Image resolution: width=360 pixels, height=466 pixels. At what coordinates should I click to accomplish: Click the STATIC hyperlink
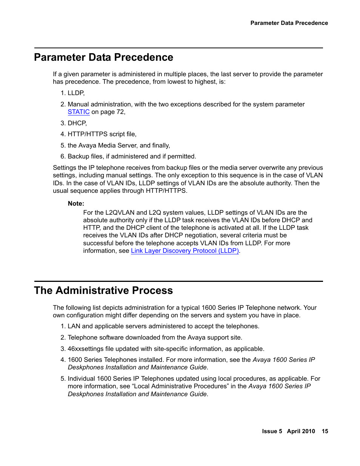(x=78, y=112)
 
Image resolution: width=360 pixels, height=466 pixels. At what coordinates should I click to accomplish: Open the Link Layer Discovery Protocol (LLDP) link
(x=185, y=251)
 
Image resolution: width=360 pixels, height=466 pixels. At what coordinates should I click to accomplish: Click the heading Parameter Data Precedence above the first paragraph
(x=103, y=57)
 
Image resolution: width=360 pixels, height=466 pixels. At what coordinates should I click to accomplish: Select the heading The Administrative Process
(x=103, y=291)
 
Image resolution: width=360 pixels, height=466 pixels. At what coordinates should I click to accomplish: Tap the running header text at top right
(x=289, y=23)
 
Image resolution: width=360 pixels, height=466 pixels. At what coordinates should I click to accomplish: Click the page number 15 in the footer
(x=325, y=431)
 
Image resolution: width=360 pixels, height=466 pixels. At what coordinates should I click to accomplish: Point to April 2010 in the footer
(x=301, y=431)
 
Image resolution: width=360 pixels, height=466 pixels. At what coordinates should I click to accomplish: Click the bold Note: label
(x=76, y=204)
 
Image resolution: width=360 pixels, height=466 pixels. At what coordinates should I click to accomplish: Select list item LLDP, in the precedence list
(x=76, y=93)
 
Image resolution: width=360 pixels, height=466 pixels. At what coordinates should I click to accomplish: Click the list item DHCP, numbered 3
(x=77, y=123)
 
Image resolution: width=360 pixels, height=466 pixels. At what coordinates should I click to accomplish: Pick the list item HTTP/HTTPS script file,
(x=102, y=134)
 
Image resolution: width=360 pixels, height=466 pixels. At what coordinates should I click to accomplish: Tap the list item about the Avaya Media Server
(x=118, y=146)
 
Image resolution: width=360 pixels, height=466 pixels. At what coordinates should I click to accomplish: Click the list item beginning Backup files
(x=132, y=157)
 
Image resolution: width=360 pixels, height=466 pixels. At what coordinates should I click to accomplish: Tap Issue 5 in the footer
(x=272, y=431)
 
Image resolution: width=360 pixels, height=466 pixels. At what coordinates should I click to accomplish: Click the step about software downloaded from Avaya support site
(x=155, y=338)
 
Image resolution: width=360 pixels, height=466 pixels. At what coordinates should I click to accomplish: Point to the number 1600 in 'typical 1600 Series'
(x=209, y=308)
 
